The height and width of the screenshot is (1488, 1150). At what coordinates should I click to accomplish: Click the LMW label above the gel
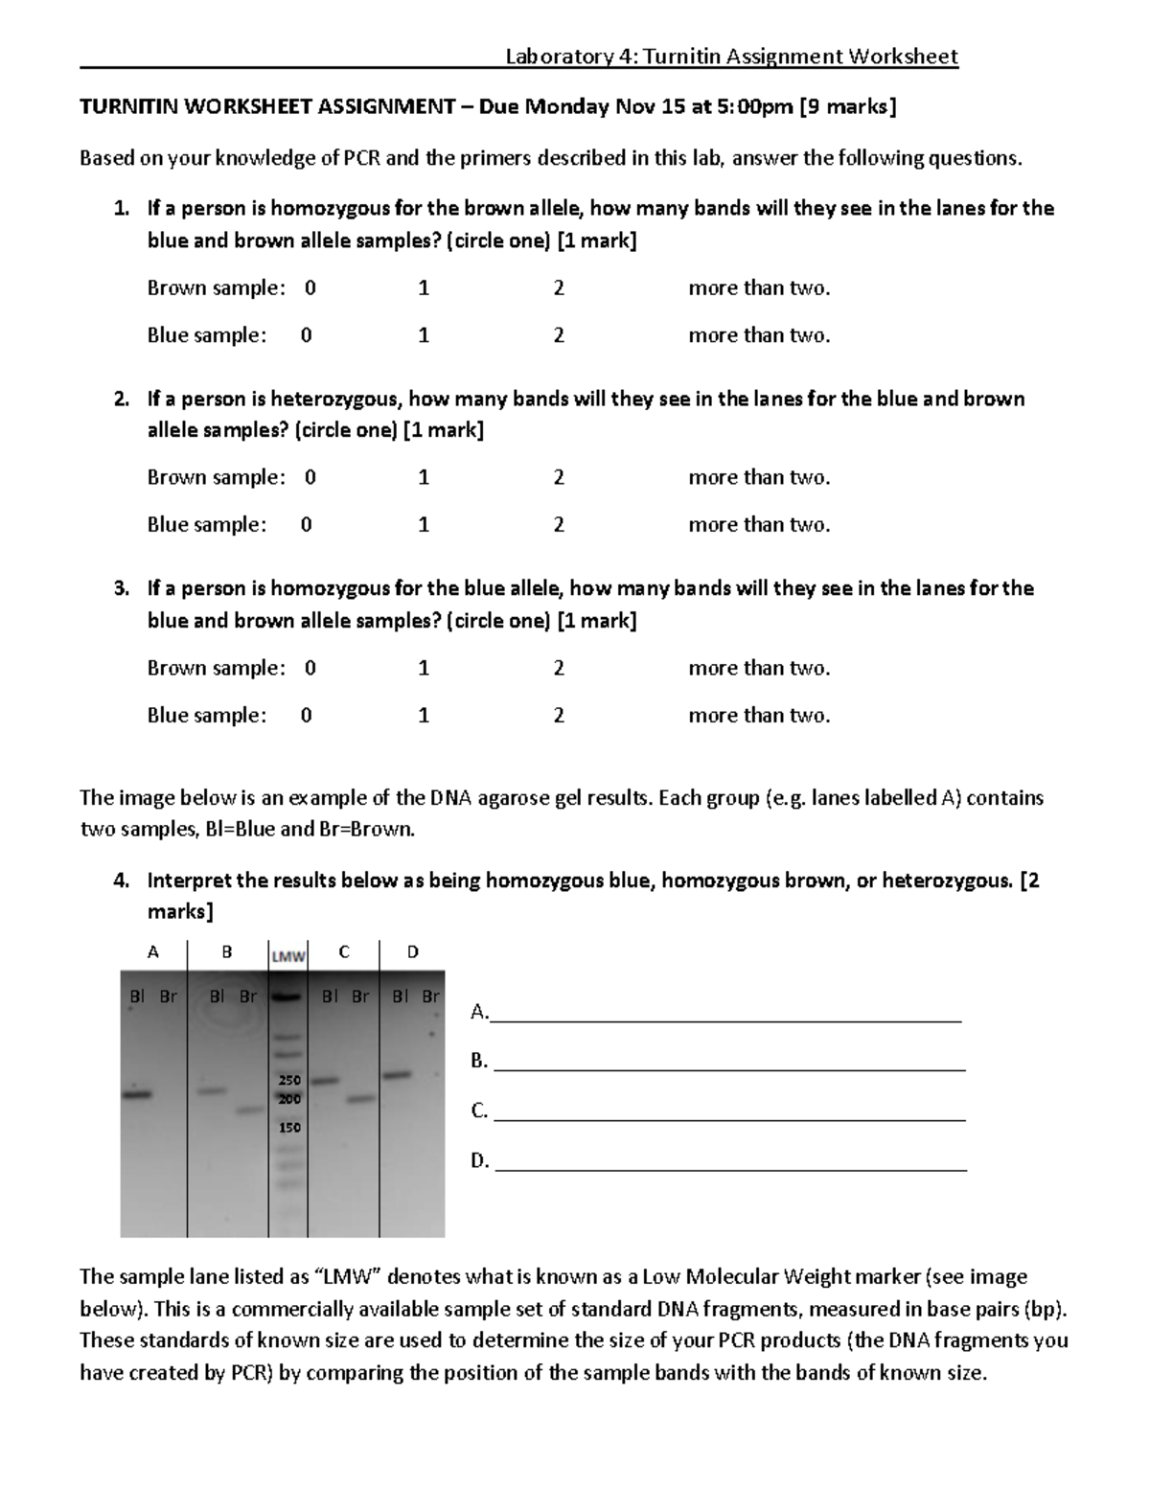pos(287,956)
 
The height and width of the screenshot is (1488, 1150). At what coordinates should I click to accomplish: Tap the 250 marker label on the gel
pos(289,1080)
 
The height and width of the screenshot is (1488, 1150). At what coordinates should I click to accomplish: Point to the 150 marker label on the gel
pos(289,1128)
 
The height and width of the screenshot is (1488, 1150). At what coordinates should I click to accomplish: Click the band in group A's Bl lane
pos(137,1094)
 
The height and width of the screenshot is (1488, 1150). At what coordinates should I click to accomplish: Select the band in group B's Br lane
pos(249,1110)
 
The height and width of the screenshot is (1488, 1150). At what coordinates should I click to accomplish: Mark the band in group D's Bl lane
pos(398,1075)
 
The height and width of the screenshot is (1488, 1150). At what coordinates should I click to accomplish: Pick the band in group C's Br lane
pos(359,1099)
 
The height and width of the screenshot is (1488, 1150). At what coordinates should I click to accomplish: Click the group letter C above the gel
pos(344,951)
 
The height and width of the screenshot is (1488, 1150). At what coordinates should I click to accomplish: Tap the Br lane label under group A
pos(168,996)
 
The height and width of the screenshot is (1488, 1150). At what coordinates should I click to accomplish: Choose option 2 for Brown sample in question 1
pos(559,288)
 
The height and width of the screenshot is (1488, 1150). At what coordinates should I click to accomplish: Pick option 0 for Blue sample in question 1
pos(306,335)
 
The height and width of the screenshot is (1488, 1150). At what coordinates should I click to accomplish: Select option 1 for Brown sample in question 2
pos(424,477)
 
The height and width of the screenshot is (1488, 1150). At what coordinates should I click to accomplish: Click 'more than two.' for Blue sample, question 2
pos(759,525)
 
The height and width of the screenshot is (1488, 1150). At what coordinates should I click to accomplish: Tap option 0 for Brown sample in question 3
pos(310,668)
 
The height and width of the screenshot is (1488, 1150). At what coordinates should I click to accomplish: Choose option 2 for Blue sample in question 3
pos(559,716)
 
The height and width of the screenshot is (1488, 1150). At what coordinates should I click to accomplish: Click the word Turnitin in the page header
pos(681,57)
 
